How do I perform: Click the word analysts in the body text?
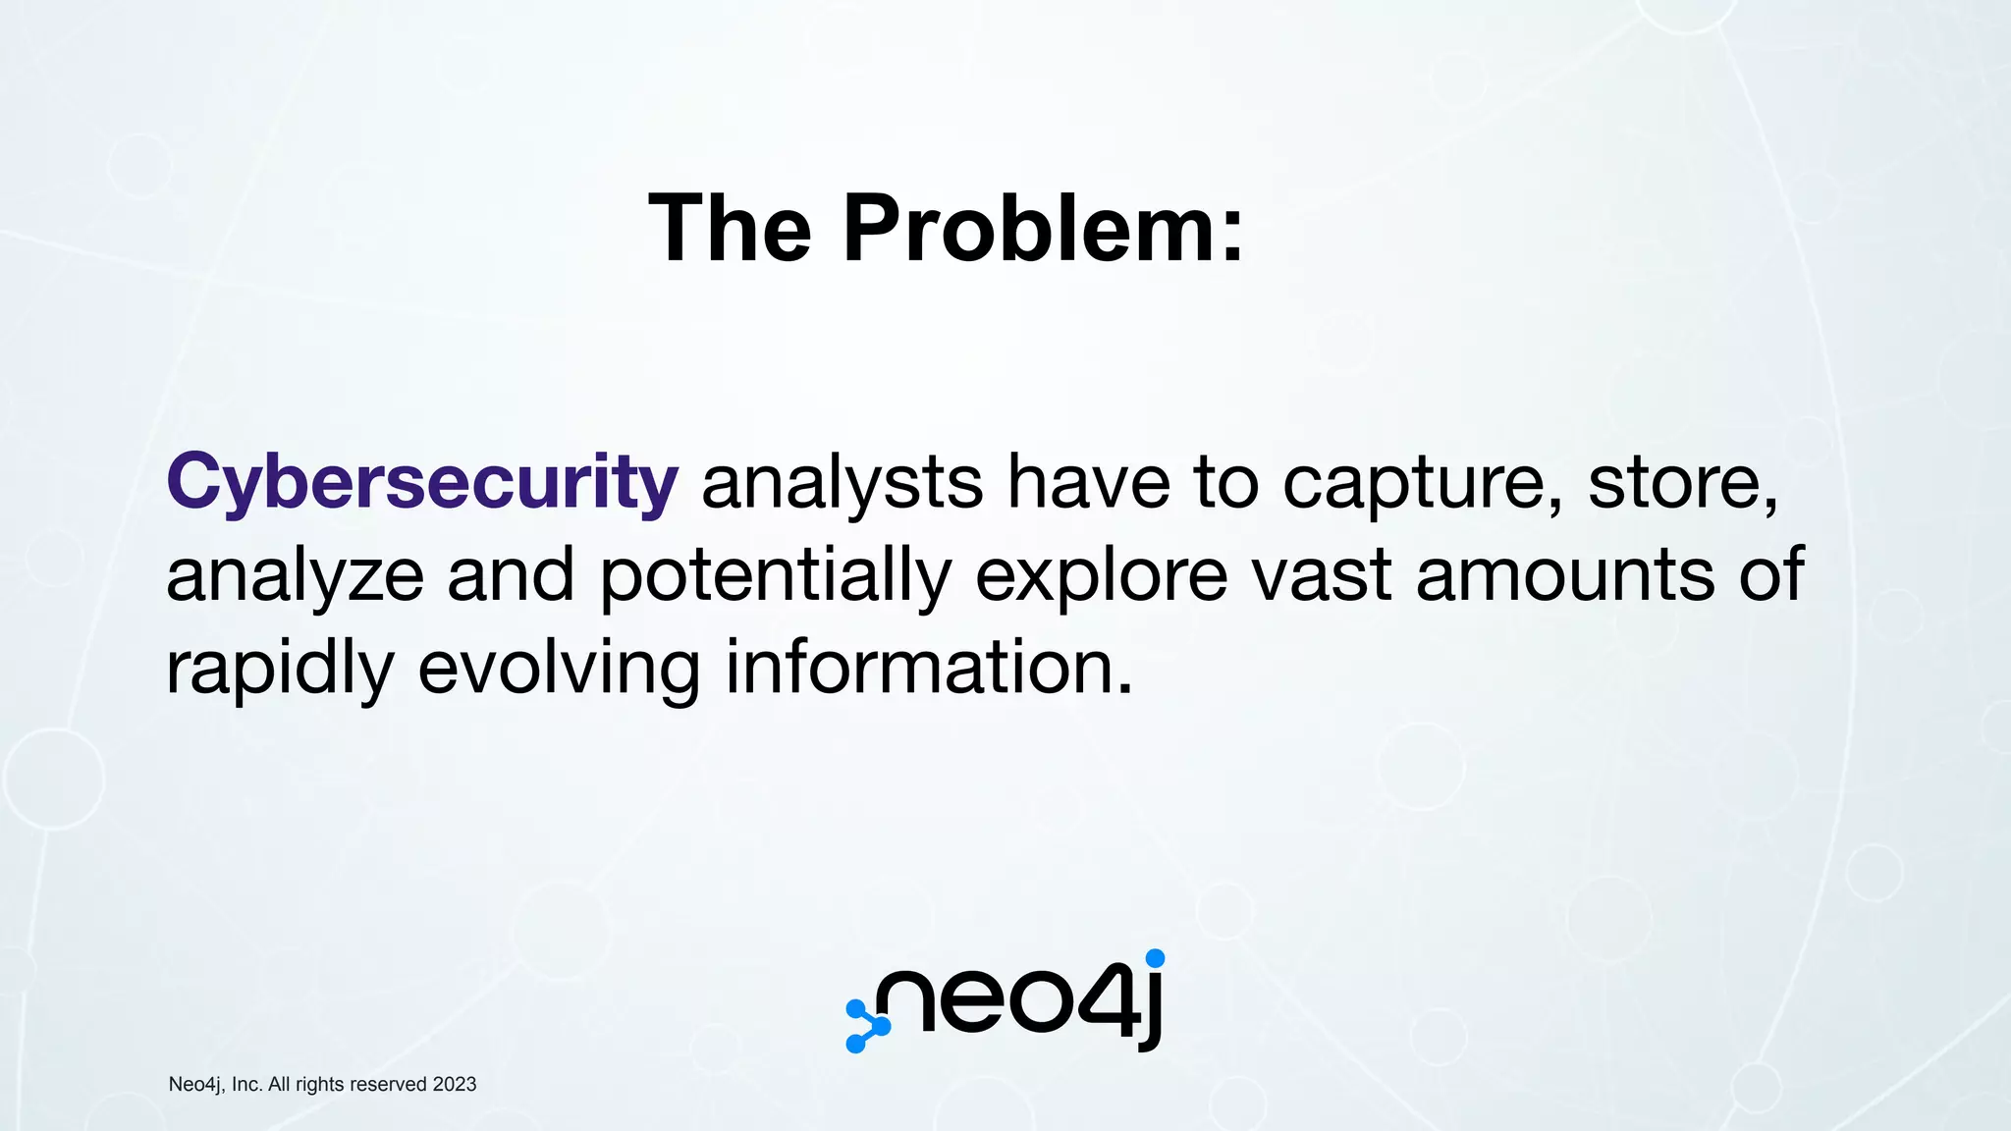point(842,483)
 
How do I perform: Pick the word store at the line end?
point(1675,483)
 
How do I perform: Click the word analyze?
point(295,576)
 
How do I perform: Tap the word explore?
point(1101,576)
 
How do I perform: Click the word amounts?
point(1565,576)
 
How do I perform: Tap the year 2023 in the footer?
point(454,1084)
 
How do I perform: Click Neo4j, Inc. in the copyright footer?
point(215,1084)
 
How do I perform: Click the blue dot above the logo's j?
point(1155,958)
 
